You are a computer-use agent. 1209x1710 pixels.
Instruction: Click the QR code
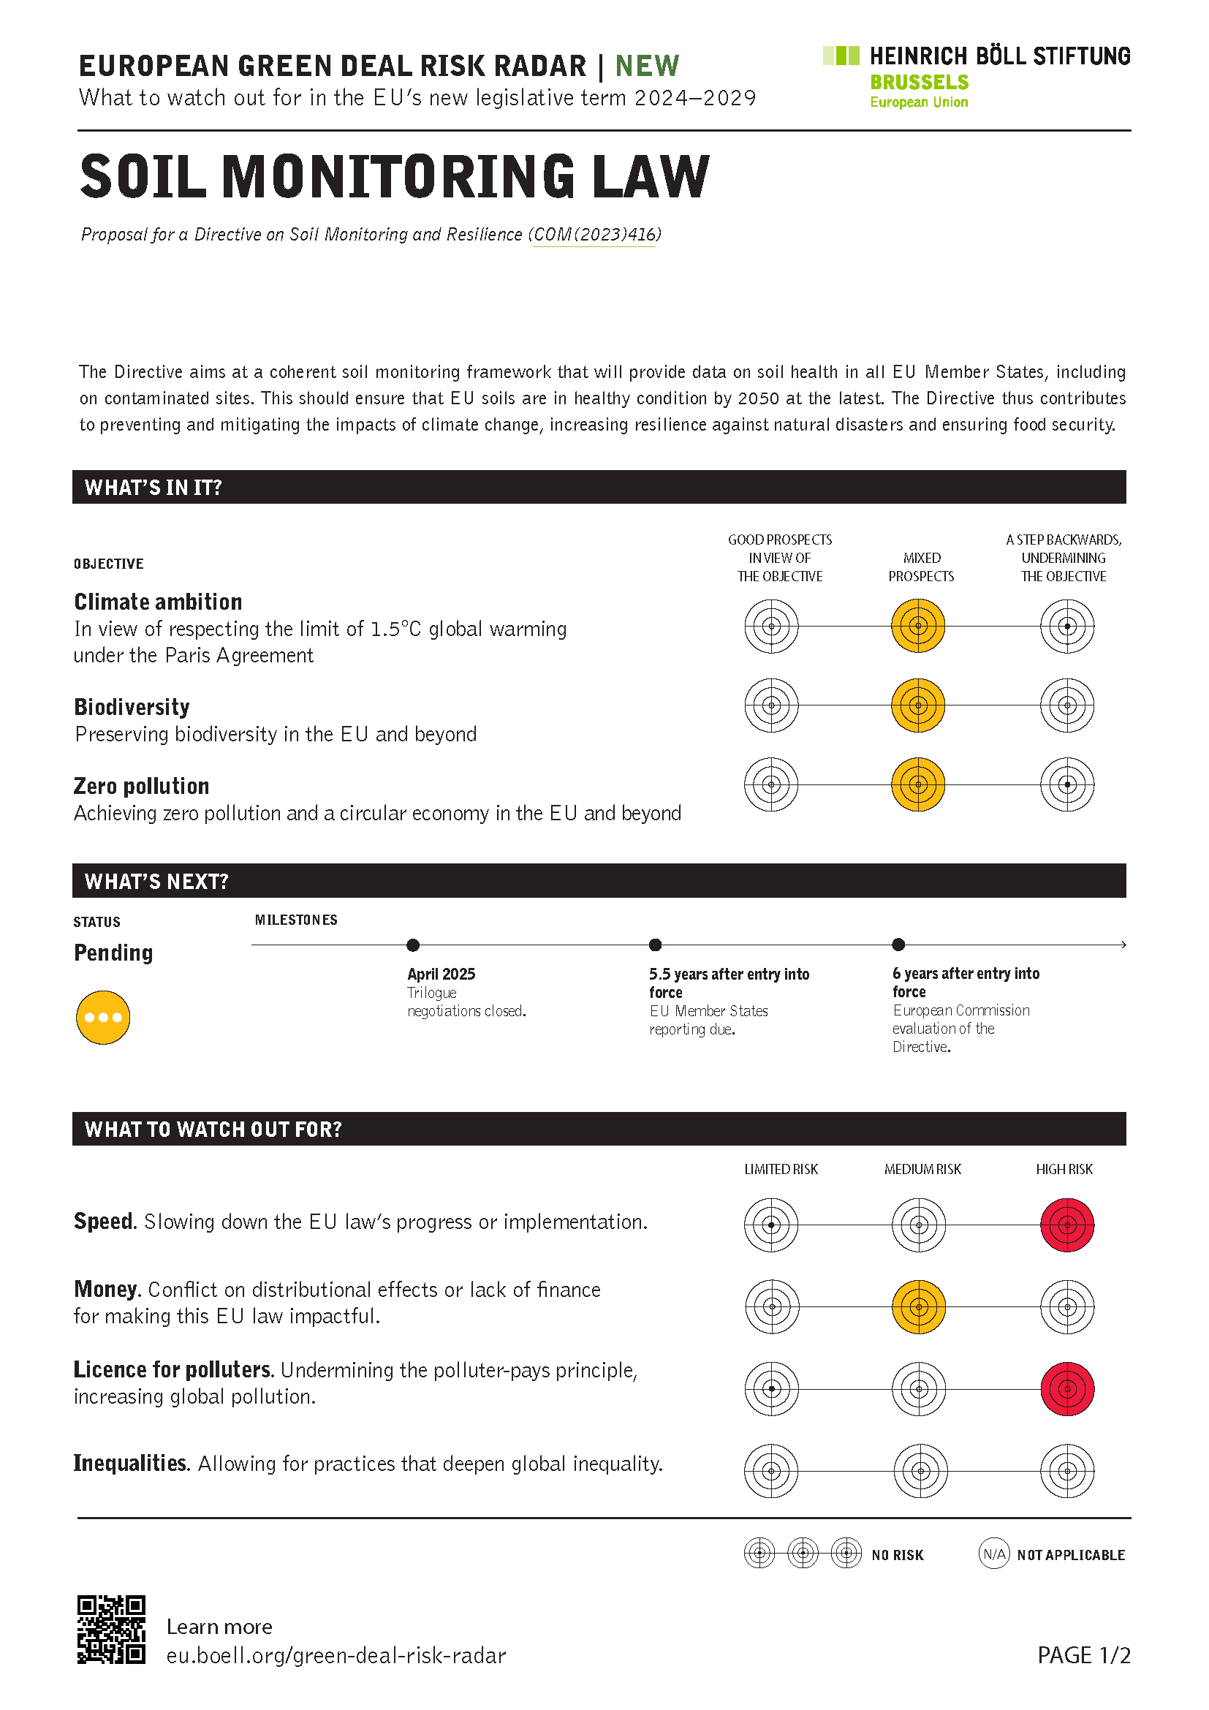(111, 1629)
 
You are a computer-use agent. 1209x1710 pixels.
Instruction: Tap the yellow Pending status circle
(104, 1018)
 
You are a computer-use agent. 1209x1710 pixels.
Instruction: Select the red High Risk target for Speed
(1066, 1225)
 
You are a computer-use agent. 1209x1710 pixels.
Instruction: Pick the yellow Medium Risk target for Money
(920, 1307)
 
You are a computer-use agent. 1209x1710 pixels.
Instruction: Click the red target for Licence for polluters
(1066, 1389)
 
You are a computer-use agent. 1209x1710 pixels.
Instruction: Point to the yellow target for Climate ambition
(918, 627)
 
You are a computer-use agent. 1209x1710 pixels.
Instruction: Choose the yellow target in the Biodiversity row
(918, 705)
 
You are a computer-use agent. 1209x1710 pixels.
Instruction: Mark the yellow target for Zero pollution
(918, 784)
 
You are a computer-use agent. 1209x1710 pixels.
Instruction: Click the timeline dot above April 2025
(413, 945)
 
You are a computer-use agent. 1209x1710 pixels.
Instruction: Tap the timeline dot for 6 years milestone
(898, 945)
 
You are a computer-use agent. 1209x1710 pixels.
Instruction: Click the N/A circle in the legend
(994, 1554)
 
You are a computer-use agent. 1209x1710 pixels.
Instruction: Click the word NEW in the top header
(647, 67)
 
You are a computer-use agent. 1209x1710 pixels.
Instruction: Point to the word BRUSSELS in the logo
(920, 82)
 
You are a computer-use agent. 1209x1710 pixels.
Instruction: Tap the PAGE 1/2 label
(1083, 1655)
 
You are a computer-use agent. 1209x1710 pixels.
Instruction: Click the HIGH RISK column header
(1064, 1169)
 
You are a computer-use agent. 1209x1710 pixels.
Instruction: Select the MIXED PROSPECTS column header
(921, 567)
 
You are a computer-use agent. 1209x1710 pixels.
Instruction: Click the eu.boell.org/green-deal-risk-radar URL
(336, 1656)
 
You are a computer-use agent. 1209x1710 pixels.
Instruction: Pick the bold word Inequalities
(130, 1464)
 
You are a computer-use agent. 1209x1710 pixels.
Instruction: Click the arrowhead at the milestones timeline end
(1123, 945)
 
